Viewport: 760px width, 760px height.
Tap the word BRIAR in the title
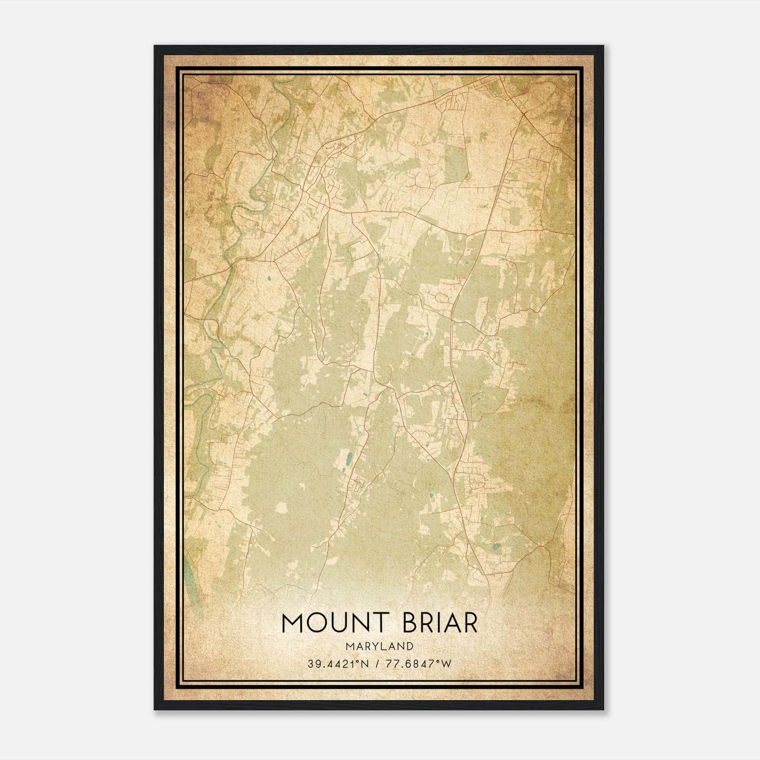[440, 623]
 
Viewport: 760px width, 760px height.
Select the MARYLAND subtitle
[380, 646]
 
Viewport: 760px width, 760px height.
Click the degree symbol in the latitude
[358, 661]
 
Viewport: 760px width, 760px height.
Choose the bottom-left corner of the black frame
[155, 709]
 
